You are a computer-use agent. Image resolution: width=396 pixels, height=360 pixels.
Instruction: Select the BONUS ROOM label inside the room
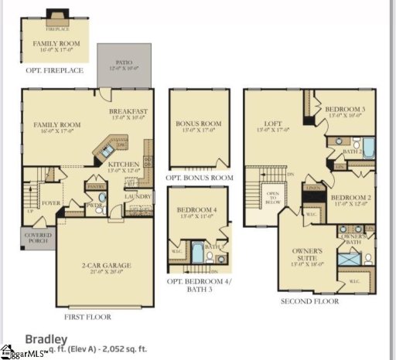pyautogui.click(x=200, y=123)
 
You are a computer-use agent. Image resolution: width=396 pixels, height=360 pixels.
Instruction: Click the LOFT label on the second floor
pyautogui.click(x=272, y=122)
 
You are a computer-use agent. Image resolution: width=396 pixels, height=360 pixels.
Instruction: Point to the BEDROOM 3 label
pyautogui.click(x=345, y=110)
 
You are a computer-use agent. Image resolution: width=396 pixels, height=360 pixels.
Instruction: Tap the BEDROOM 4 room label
pyautogui.click(x=198, y=210)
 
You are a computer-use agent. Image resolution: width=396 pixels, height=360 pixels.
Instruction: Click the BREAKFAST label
pyautogui.click(x=128, y=112)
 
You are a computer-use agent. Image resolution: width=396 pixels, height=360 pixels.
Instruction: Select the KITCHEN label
pyautogui.click(x=123, y=165)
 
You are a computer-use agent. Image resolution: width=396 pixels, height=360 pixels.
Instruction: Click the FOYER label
pyautogui.click(x=51, y=204)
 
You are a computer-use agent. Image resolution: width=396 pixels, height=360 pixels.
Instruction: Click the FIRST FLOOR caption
pyautogui.click(x=87, y=317)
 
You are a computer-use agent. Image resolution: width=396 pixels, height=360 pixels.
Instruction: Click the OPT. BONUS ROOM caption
pyautogui.click(x=200, y=178)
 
